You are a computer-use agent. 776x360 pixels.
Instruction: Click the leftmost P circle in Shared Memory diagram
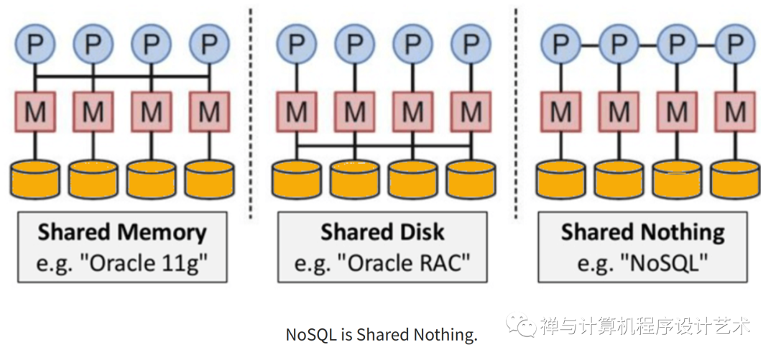[x=34, y=45]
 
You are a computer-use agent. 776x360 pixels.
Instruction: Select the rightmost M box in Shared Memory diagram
[x=209, y=111]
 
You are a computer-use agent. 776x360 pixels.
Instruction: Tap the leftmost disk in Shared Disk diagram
[x=296, y=179]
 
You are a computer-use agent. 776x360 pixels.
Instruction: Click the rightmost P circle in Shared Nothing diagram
[x=734, y=45]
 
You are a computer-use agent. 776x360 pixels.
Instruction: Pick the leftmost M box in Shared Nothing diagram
[x=560, y=111]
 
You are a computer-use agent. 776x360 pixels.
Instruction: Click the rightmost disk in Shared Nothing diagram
[x=734, y=179]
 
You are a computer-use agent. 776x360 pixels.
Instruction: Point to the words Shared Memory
[x=121, y=232]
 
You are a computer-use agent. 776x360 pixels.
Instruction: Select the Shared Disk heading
[x=382, y=232]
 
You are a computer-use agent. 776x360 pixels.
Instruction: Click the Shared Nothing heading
[x=642, y=232]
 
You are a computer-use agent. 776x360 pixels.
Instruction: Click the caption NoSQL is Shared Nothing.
[x=382, y=335]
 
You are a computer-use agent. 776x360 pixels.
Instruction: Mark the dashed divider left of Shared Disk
[x=251, y=108]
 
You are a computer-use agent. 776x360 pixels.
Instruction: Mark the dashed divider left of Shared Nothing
[x=516, y=108]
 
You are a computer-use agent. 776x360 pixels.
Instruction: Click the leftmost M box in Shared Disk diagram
[x=296, y=111]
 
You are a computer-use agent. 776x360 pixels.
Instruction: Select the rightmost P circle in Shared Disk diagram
[x=471, y=45]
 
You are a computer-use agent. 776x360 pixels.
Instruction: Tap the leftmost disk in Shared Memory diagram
[x=34, y=179]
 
